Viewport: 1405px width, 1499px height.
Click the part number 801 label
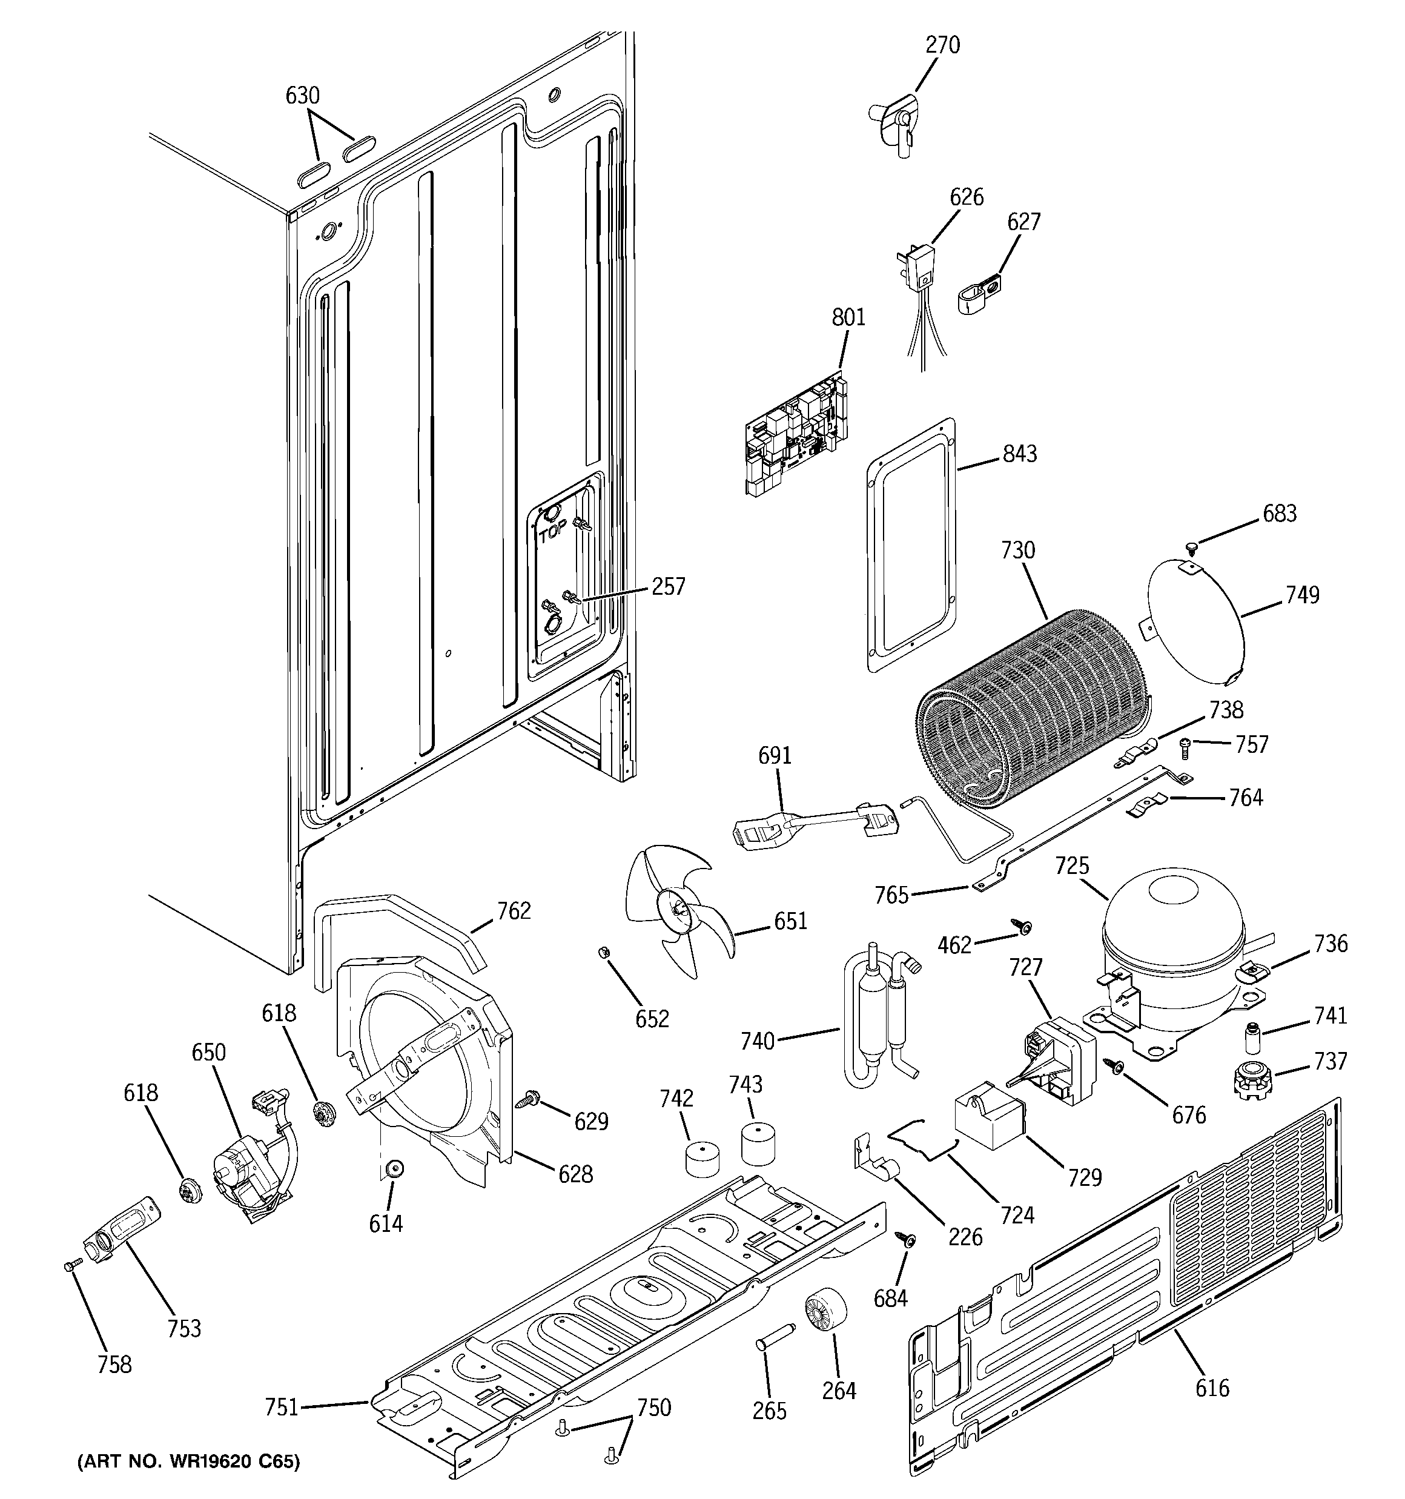(848, 317)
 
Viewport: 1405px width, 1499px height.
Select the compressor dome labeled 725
(1172, 936)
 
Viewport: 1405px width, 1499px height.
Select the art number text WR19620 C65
(188, 1462)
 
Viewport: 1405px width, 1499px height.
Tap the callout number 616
(1211, 1388)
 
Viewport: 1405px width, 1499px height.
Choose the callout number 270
(943, 45)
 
